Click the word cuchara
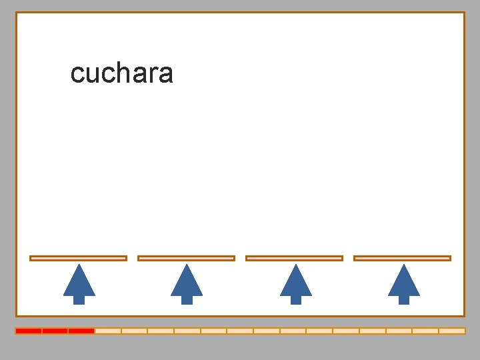(x=121, y=73)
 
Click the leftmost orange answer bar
(x=78, y=258)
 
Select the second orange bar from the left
(x=186, y=258)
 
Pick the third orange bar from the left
(x=294, y=258)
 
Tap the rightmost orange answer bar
(x=402, y=258)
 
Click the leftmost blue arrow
(x=79, y=284)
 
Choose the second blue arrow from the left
(x=187, y=284)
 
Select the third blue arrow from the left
(x=295, y=284)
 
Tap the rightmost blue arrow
(x=403, y=284)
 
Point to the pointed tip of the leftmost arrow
(x=79, y=267)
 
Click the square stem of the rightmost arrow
(x=403, y=299)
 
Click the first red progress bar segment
(x=29, y=331)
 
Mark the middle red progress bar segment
(x=55, y=331)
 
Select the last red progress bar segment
(x=81, y=331)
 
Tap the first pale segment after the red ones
(x=108, y=331)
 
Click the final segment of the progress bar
(x=452, y=331)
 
